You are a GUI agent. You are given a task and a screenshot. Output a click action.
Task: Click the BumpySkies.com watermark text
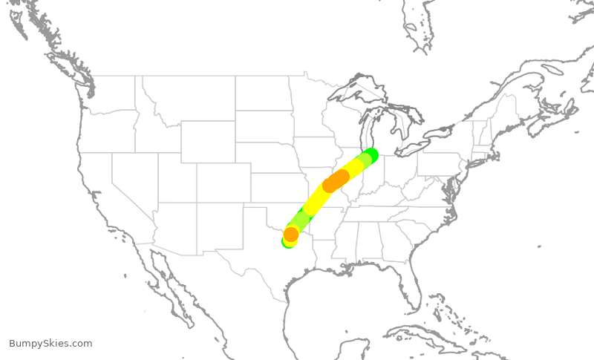[50, 343]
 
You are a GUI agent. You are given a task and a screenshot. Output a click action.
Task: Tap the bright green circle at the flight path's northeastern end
[370, 155]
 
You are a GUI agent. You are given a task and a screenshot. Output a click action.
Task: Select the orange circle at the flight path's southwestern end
[291, 235]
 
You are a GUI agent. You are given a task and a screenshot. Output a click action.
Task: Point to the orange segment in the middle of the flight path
[336, 180]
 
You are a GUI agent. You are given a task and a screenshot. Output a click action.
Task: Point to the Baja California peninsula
[167, 278]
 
